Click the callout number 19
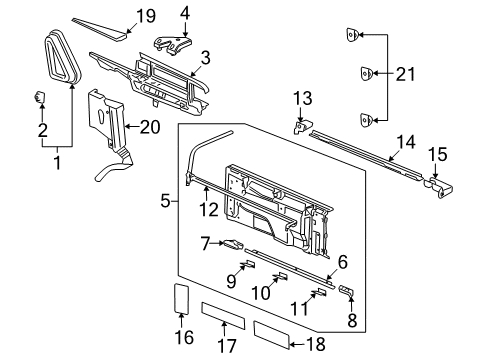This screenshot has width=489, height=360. (146, 15)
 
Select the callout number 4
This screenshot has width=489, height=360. (183, 13)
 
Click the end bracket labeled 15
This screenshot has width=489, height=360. (443, 182)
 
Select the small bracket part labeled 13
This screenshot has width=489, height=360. (300, 126)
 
